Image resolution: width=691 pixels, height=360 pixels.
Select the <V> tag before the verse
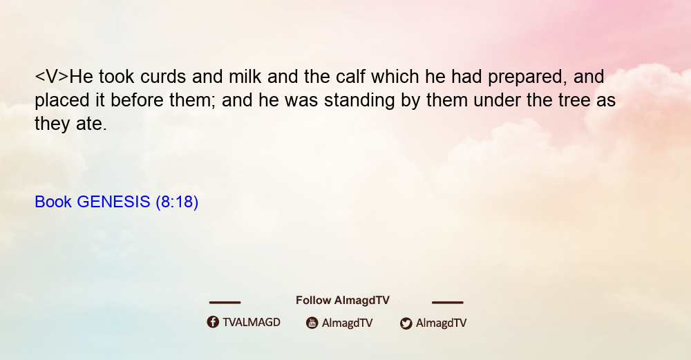tap(52, 77)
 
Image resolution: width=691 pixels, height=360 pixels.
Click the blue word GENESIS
tap(113, 202)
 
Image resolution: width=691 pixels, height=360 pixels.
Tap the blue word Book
tap(53, 202)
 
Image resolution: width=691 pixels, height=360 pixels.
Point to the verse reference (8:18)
tap(177, 202)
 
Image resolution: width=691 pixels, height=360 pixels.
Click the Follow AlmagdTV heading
tap(343, 301)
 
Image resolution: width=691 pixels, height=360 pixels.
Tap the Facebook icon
tap(213, 322)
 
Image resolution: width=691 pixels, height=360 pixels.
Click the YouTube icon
tap(312, 323)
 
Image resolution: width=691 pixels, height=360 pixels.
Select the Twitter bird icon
tap(406, 323)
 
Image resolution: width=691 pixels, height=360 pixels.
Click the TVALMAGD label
tap(252, 323)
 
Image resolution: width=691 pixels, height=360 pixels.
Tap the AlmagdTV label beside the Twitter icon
tap(441, 323)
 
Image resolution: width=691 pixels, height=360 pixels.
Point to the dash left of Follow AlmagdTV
tap(225, 302)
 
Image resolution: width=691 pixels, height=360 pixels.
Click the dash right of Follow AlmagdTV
tap(447, 302)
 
